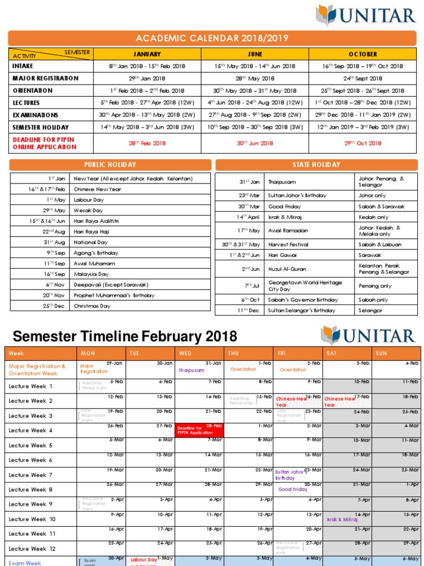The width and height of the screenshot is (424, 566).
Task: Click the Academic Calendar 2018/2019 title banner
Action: (212, 38)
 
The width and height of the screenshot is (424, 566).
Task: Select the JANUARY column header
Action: (147, 54)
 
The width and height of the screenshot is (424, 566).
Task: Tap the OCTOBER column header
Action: (363, 54)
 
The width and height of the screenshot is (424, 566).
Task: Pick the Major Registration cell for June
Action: (255, 78)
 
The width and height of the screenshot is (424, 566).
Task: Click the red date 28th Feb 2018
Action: (147, 143)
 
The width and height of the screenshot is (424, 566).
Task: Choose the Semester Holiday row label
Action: (41, 127)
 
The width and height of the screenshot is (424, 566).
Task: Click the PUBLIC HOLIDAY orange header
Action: (110, 165)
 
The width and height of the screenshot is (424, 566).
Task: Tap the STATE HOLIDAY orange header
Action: (316, 165)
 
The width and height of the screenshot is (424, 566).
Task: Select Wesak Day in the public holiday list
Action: (88, 211)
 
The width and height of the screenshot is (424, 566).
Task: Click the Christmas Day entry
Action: (92, 306)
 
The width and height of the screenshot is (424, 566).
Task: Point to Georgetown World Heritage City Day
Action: (305, 286)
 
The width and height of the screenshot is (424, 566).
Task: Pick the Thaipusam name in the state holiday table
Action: (282, 181)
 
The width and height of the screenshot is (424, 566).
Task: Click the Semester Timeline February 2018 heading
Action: (125, 336)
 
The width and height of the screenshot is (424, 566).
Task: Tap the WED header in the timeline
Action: (186, 353)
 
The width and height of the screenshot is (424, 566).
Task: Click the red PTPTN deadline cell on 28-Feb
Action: (199, 430)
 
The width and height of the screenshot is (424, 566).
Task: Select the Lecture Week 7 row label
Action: (31, 475)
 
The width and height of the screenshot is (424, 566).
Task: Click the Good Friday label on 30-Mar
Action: (293, 490)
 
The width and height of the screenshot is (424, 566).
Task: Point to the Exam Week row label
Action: (25, 562)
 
